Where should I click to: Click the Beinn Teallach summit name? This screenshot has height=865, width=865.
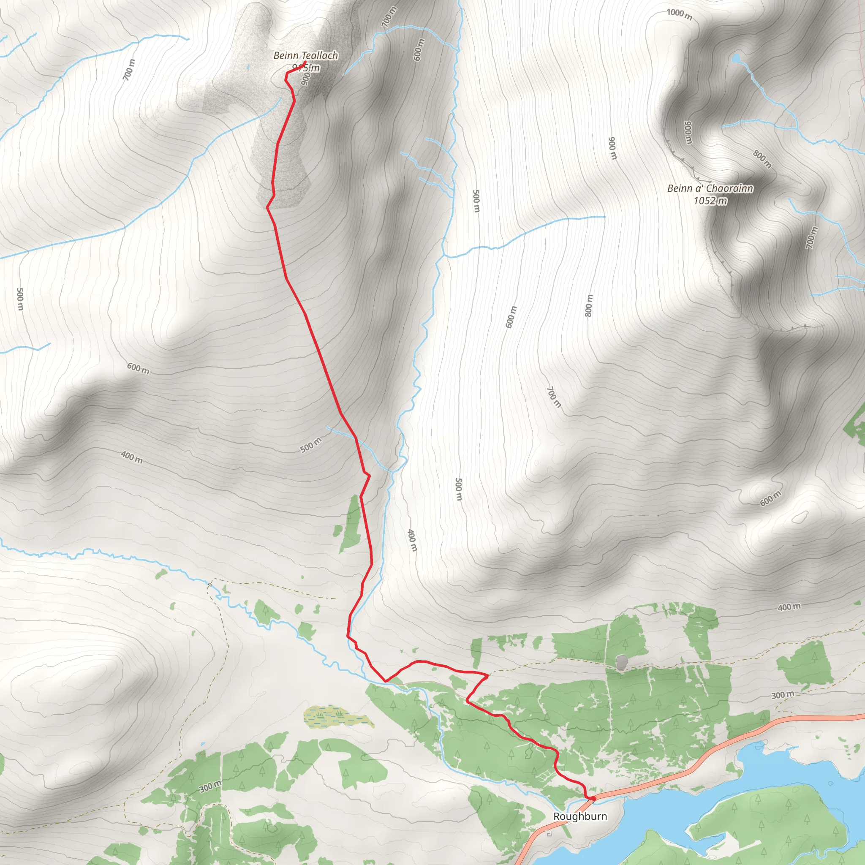[305, 55]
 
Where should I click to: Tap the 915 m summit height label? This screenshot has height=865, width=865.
[306, 68]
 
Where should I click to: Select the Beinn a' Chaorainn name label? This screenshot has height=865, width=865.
[710, 188]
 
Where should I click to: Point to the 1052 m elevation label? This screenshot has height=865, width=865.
[710, 201]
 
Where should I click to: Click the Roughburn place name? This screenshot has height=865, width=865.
[580, 816]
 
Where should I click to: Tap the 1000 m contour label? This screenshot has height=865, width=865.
[679, 14]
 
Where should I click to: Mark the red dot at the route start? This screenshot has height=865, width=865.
[593, 798]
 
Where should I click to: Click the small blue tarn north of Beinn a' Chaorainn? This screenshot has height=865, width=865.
[735, 58]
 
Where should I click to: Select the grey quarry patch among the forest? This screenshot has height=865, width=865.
[621, 662]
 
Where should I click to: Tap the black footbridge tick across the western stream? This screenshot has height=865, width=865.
[209, 584]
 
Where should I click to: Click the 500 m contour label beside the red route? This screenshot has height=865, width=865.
[311, 445]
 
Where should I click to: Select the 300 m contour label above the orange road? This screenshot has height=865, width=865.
[783, 694]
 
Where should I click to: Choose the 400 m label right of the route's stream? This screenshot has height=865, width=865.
[412, 540]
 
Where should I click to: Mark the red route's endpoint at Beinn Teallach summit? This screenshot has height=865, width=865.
[305, 62]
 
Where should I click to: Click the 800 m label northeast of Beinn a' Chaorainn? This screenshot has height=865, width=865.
[762, 159]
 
